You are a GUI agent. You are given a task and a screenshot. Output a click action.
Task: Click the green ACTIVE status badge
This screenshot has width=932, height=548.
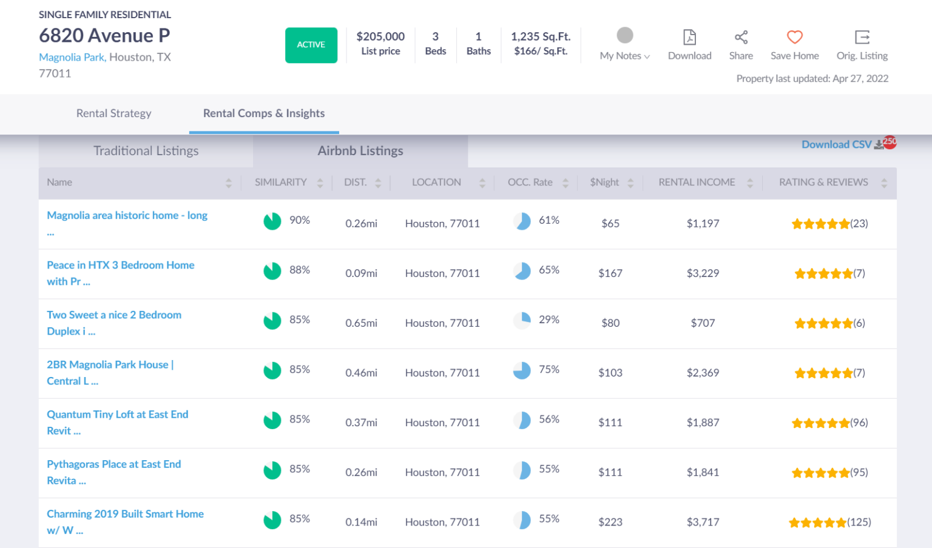(x=311, y=45)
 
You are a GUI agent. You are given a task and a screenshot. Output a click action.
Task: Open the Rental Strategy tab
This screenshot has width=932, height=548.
(x=113, y=113)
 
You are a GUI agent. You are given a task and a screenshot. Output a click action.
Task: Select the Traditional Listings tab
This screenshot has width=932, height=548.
(x=146, y=151)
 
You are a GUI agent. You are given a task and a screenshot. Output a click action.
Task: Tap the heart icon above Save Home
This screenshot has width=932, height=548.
(x=794, y=37)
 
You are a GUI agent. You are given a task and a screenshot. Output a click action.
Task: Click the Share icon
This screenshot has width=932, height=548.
(x=741, y=37)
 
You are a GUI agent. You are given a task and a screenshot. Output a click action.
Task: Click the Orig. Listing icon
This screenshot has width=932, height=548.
(x=862, y=37)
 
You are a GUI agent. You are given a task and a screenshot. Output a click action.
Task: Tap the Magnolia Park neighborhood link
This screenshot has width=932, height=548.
(x=72, y=57)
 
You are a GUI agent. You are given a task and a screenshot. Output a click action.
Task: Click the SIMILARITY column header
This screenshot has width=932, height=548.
(x=280, y=182)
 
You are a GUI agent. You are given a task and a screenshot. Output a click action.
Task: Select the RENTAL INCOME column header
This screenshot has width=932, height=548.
(x=697, y=182)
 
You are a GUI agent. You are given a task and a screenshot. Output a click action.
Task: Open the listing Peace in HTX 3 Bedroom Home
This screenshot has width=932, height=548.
(x=120, y=266)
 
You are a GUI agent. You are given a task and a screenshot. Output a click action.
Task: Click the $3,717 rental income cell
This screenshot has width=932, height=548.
(x=703, y=522)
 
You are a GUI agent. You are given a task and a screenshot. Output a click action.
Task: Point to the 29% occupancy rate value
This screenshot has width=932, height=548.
(x=549, y=319)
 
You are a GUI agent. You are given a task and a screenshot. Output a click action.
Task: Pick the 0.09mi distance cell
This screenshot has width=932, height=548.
(x=361, y=273)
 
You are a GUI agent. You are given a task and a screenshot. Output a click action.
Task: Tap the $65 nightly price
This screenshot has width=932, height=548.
(x=610, y=224)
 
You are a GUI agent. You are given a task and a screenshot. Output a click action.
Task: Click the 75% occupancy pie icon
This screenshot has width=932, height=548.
(x=522, y=370)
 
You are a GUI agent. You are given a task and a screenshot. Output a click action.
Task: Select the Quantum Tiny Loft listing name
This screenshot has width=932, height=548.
(x=117, y=415)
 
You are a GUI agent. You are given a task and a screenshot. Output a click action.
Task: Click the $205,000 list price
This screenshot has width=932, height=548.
(x=380, y=37)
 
